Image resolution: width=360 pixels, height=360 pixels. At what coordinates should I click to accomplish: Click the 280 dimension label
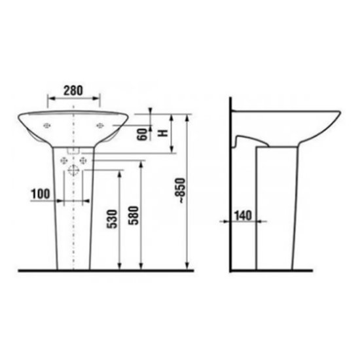(x=73, y=90)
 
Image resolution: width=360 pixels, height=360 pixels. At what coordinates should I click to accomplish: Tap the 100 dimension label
(x=41, y=194)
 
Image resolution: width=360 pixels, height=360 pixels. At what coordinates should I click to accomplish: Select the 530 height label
(x=112, y=219)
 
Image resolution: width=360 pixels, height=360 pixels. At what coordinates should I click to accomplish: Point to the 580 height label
(x=133, y=215)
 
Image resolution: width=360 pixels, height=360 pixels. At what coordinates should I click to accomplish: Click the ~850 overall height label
(x=179, y=190)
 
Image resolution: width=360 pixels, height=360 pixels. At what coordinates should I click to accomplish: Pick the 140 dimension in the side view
(x=243, y=216)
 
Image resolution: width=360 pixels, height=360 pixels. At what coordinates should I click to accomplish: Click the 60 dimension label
(x=141, y=135)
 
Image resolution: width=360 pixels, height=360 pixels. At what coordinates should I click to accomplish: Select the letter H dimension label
(x=164, y=133)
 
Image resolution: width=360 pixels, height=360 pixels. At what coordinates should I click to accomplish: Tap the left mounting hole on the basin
(x=47, y=126)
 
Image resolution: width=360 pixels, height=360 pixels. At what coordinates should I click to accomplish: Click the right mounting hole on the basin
(x=100, y=126)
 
